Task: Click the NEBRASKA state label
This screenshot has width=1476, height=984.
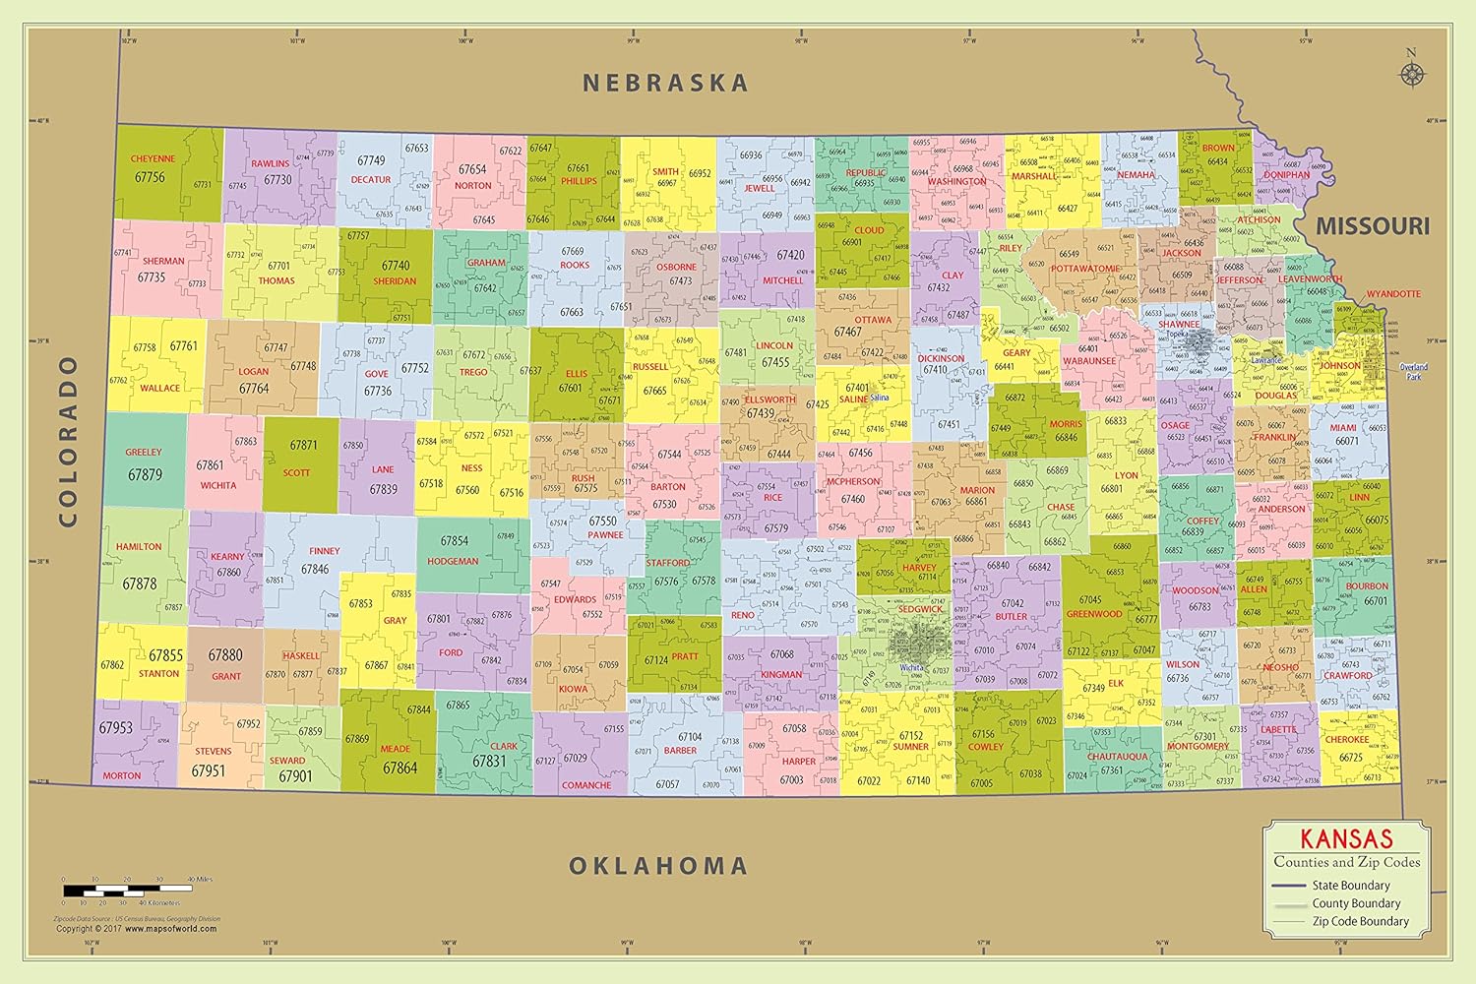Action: pyautogui.click(x=665, y=84)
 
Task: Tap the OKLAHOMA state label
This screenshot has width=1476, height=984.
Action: pyautogui.click(x=658, y=866)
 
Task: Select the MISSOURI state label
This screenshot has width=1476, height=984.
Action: pyautogui.click(x=1373, y=226)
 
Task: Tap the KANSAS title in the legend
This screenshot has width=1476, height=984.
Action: pyautogui.click(x=1346, y=839)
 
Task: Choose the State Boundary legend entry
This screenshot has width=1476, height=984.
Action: pyautogui.click(x=1350, y=886)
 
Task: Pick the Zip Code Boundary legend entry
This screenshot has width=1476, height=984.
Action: pyautogui.click(x=1360, y=921)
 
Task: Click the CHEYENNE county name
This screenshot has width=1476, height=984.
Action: pyautogui.click(x=153, y=158)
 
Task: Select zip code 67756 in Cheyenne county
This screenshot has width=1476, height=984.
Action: pyautogui.click(x=150, y=177)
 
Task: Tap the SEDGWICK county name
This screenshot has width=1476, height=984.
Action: pyautogui.click(x=920, y=609)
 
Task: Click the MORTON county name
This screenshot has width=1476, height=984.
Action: pyautogui.click(x=121, y=775)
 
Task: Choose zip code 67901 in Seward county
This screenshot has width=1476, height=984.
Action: pyautogui.click(x=294, y=776)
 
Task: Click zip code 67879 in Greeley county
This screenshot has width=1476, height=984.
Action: pyautogui.click(x=145, y=475)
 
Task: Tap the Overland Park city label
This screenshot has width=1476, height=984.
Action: pyautogui.click(x=1414, y=372)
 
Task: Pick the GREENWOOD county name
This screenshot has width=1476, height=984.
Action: pyautogui.click(x=1093, y=614)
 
